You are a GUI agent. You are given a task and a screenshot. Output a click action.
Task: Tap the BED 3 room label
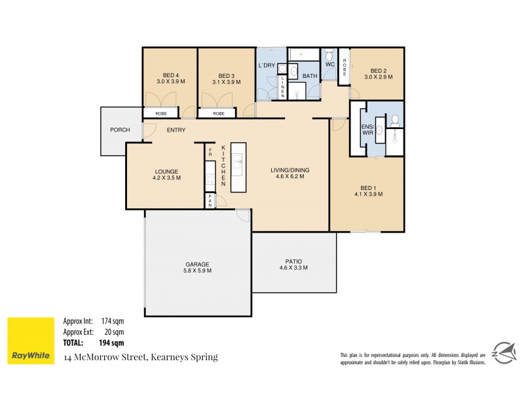click(226, 75)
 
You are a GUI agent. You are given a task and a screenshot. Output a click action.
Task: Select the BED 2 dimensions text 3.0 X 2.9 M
click(378, 77)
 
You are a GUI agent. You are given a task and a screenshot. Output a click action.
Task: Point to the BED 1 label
click(368, 186)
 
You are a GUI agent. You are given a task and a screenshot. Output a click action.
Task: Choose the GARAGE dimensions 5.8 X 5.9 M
click(197, 271)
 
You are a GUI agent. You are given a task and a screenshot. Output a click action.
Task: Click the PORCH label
click(120, 130)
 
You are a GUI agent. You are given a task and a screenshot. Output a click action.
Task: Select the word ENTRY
click(176, 130)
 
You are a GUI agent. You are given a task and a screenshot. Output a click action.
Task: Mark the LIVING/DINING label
click(290, 170)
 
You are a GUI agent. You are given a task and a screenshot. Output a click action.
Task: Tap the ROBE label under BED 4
click(160, 114)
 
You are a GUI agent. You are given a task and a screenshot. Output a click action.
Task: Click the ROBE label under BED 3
click(219, 114)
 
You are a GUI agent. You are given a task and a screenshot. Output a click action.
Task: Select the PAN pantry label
click(210, 201)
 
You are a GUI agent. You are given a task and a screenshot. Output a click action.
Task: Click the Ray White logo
click(30, 341)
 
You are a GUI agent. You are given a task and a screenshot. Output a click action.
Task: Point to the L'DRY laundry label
click(266, 65)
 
